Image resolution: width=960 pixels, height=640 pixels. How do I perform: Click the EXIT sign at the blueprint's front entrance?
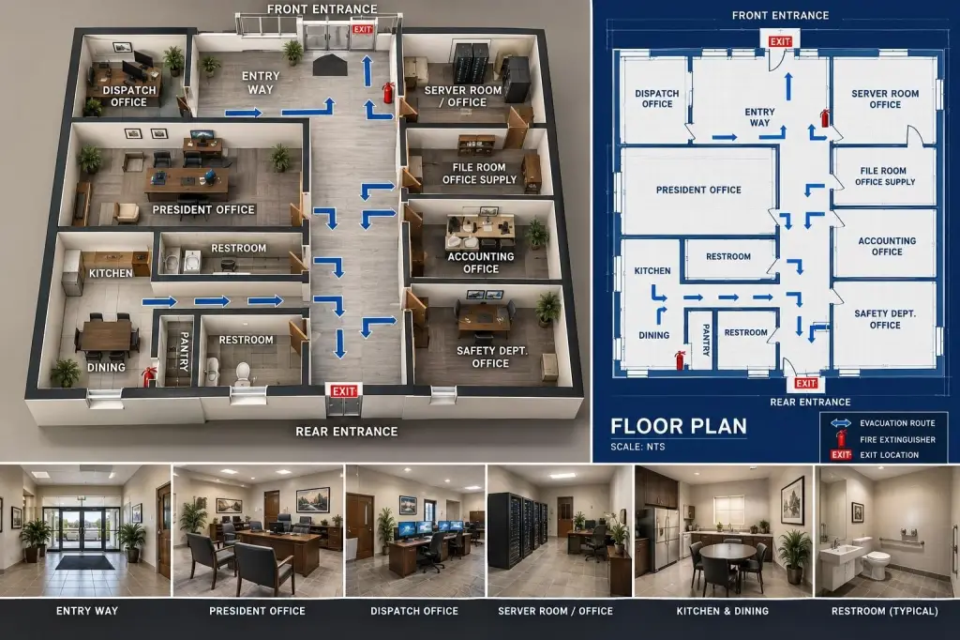point(780,41)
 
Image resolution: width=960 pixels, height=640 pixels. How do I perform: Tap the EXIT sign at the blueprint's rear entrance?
point(805,384)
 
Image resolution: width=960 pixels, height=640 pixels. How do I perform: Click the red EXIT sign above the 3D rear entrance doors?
point(343,391)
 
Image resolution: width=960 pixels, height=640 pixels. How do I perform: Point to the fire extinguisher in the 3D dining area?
point(148,375)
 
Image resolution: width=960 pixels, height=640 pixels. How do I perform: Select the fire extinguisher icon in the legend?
point(841,438)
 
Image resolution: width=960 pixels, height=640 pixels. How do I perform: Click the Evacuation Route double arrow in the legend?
point(841,423)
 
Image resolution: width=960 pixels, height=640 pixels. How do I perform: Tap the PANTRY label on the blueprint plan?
point(705,341)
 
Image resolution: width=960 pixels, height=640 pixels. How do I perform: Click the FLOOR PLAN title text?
point(679,426)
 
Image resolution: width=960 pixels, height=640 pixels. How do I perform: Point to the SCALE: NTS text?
point(637,447)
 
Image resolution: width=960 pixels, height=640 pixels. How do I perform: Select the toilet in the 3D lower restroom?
point(244,373)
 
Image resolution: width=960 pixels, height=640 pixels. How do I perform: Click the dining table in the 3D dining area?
point(107,335)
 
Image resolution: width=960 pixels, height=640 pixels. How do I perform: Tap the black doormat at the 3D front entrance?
point(330,65)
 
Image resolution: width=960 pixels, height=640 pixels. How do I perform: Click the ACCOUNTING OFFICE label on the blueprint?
point(887,247)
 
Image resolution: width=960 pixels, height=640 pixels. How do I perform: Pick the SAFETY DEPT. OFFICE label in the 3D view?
point(491,357)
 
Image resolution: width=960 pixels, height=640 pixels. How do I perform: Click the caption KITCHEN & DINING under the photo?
point(723,611)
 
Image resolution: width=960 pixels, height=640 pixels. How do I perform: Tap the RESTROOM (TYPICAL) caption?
point(885,611)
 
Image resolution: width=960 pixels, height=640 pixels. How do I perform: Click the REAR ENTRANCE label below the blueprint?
point(810,403)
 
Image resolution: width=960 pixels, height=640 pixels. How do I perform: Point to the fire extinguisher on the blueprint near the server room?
point(825,117)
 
